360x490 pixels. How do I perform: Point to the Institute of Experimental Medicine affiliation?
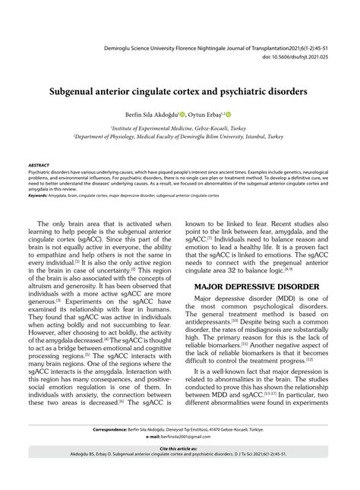(x=179, y=128)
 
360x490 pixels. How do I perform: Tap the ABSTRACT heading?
(x=38, y=164)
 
